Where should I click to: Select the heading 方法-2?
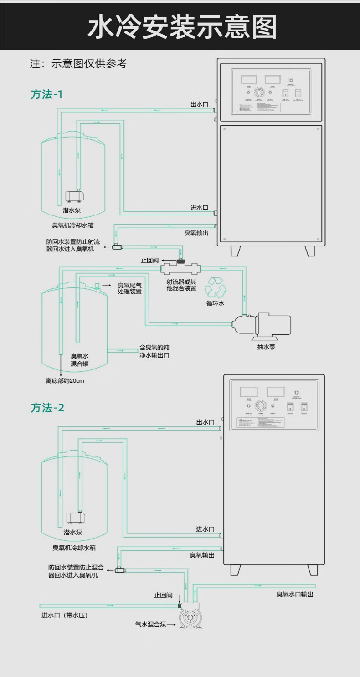[47, 407]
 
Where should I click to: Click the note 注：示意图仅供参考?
[78, 64]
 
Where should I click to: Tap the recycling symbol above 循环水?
[216, 288]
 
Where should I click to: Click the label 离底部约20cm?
[65, 380]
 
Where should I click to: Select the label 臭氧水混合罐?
[79, 359]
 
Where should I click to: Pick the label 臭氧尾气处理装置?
[129, 288]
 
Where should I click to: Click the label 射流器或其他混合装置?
[181, 285]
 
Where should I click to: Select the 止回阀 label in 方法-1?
[149, 261]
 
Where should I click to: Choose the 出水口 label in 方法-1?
[199, 104]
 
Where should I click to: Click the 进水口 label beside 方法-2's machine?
[205, 529]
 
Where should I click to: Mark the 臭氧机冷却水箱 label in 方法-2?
[73, 548]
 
